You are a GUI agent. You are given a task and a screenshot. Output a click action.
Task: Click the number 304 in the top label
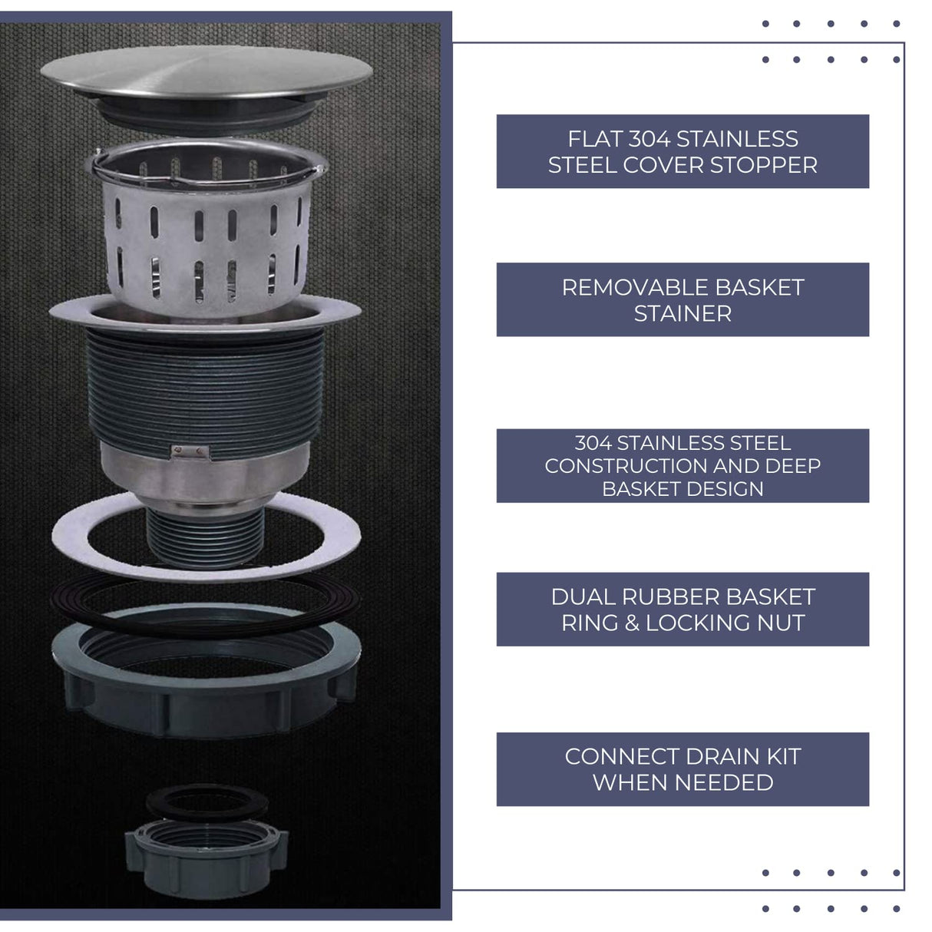[x=649, y=139]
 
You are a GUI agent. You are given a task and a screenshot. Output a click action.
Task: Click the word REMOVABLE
[x=623, y=287]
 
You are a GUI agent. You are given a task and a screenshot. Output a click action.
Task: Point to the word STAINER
[x=682, y=313]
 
